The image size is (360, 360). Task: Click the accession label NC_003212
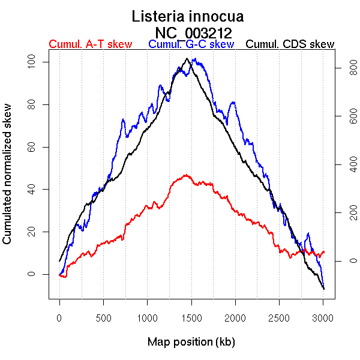193,32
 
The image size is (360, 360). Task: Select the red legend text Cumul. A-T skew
90,44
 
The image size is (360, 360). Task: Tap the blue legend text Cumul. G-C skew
191,44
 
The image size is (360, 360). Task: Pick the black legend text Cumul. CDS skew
290,44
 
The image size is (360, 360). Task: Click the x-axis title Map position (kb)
191,342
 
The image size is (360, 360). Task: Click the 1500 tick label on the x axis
191,317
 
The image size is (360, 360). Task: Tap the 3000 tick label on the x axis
323,317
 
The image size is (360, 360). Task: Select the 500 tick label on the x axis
103,317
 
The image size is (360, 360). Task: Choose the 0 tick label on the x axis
59,317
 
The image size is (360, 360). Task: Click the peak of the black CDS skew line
187,59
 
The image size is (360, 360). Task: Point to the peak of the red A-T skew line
187,175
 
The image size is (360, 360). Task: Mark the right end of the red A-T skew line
324,252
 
